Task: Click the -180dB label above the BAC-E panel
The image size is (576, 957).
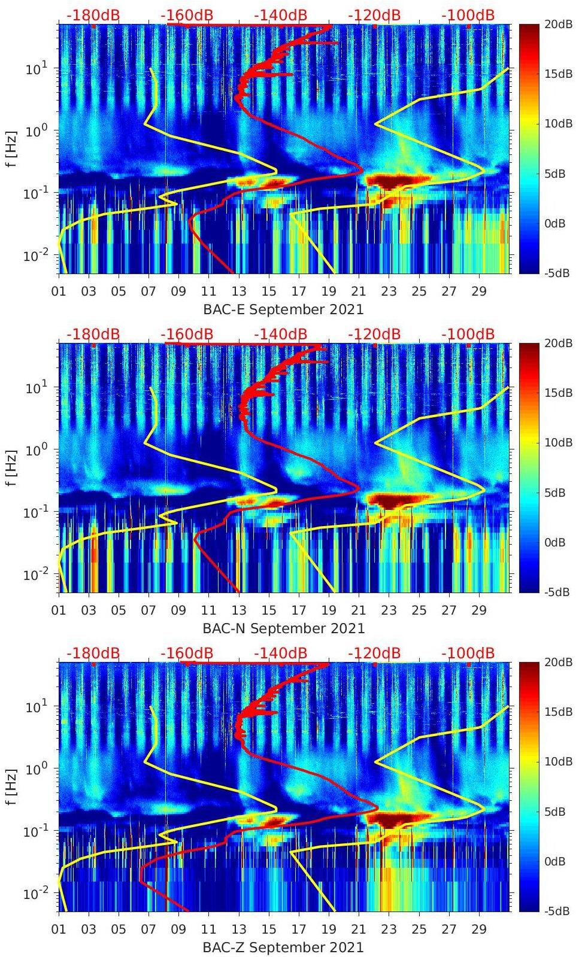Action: tap(93, 15)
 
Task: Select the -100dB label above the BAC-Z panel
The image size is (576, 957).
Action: tap(468, 653)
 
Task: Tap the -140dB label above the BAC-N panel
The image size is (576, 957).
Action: tap(280, 334)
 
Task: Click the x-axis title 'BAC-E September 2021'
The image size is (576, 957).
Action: tap(283, 309)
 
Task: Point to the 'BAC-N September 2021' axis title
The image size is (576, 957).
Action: tap(283, 628)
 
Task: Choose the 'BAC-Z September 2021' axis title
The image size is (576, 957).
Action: tap(283, 947)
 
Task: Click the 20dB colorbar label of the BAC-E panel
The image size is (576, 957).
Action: tap(557, 25)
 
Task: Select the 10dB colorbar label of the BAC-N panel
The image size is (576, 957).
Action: tap(557, 443)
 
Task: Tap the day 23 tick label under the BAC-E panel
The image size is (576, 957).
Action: tap(389, 291)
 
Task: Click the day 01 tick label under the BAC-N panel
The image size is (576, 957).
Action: tap(59, 610)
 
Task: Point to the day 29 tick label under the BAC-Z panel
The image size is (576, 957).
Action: tap(479, 929)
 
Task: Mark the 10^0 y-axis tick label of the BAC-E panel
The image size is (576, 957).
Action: tap(36, 130)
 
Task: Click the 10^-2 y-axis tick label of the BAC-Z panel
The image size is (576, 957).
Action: tap(36, 893)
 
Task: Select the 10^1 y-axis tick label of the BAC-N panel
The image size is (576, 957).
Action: tap(36, 387)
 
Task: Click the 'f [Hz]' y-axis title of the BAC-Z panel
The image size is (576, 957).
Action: tap(11, 786)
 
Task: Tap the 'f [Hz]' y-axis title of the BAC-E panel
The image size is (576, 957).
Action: tap(11, 148)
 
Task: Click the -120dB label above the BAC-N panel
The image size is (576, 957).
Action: tap(374, 334)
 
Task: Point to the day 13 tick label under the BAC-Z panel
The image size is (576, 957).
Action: tap(239, 929)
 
